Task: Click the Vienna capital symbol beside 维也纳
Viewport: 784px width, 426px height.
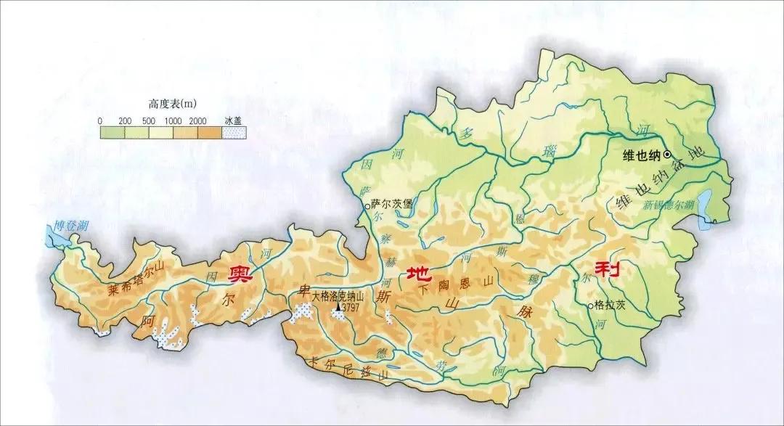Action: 667,155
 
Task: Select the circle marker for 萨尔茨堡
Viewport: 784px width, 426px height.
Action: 366,205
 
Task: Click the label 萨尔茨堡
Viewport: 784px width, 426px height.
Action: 391,204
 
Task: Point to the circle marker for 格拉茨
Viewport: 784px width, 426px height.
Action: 590,306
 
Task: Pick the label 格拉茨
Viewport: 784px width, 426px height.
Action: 610,306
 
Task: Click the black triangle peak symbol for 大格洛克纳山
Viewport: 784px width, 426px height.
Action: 338,308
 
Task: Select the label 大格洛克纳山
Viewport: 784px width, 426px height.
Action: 340,296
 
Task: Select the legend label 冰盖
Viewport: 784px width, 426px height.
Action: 233,120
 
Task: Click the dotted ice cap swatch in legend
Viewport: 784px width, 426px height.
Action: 234,133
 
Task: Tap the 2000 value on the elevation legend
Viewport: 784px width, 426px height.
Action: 198,120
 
